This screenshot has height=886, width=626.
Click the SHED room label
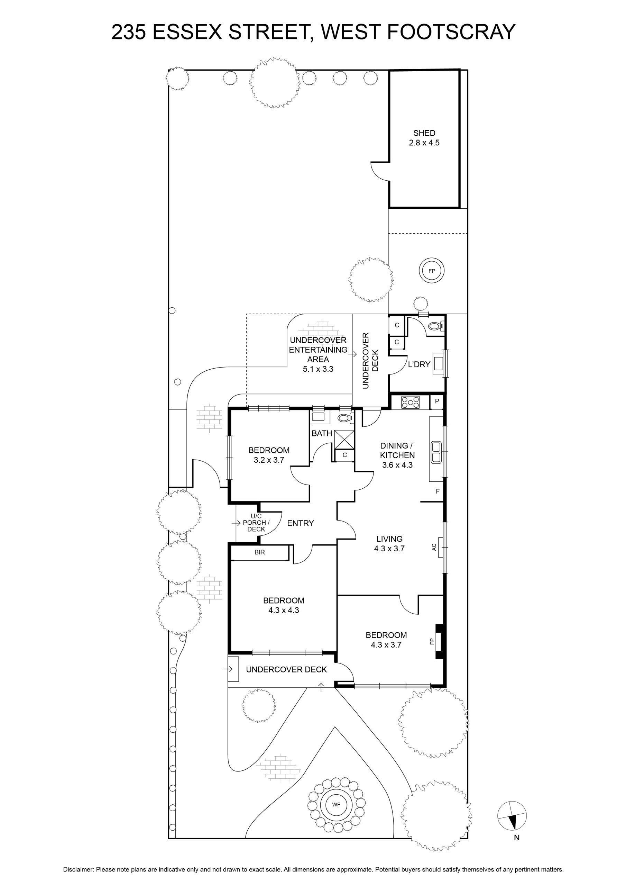(424, 133)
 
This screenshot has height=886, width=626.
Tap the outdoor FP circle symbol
(432, 271)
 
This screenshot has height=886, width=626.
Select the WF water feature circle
(336, 805)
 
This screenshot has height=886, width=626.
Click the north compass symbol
(512, 815)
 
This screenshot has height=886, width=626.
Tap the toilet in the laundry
(436, 326)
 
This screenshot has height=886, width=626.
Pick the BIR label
(260, 552)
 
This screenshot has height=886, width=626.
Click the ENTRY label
(301, 523)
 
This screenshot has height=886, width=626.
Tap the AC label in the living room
(434, 547)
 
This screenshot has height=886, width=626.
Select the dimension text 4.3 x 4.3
(284, 610)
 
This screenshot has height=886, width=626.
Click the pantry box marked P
(437, 401)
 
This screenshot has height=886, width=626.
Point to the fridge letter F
(438, 491)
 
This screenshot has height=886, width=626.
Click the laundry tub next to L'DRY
(439, 363)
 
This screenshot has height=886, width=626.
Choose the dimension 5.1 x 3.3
(318, 369)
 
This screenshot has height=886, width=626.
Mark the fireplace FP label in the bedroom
(432, 641)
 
